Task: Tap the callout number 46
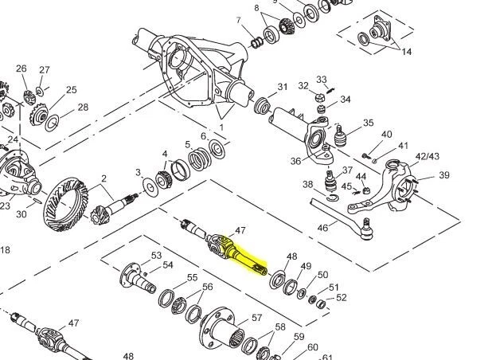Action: coord(323,228)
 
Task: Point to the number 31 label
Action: coord(283,87)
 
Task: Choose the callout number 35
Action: coord(368,123)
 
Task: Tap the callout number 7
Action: coord(238,19)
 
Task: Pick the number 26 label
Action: coord(21,68)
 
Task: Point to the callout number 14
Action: coord(407,52)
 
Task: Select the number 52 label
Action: coord(342,298)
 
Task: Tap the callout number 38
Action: coord(308,185)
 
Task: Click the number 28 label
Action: coord(83,108)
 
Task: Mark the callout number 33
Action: coord(322,79)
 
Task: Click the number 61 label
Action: coord(327,356)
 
